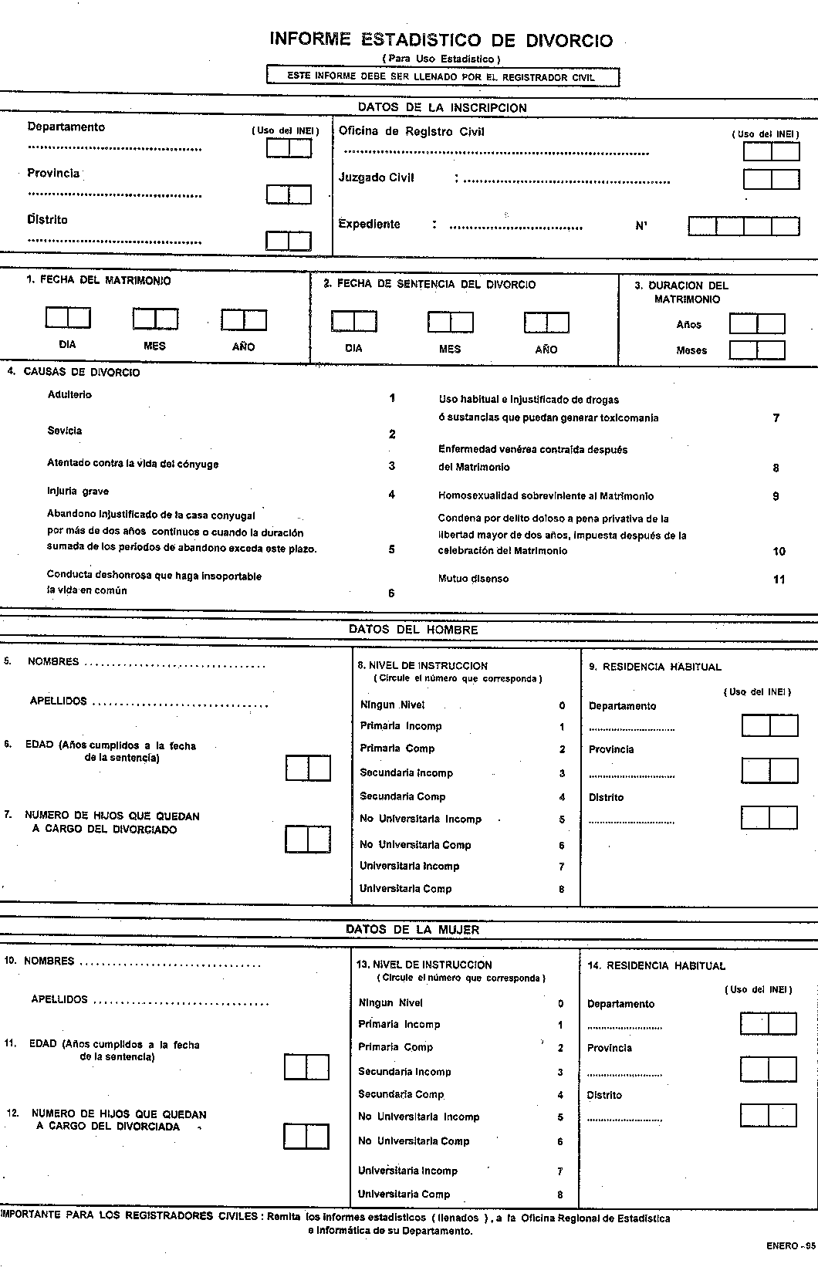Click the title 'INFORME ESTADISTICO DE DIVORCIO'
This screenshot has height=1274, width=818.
click(x=441, y=40)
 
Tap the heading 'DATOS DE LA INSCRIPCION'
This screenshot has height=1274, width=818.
click(x=442, y=108)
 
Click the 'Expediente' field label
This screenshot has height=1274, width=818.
click(x=369, y=225)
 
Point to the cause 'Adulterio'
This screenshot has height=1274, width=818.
click(x=69, y=395)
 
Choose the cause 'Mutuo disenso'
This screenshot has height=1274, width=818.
click(x=473, y=579)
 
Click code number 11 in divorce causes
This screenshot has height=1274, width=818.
click(x=779, y=580)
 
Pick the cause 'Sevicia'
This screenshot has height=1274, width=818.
click(x=65, y=431)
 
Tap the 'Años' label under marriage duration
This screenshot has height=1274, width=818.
click(x=689, y=325)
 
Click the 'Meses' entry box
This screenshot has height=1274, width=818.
click(x=757, y=350)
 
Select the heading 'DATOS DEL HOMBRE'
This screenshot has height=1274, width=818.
click(x=413, y=630)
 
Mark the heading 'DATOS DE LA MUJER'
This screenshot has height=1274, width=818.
click(x=413, y=930)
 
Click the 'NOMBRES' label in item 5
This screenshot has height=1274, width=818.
click(x=52, y=661)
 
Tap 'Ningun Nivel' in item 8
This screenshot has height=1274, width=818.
click(x=392, y=705)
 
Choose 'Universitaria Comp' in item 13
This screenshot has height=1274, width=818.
click(x=404, y=1194)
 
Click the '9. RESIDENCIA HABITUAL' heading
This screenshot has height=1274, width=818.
click(x=655, y=667)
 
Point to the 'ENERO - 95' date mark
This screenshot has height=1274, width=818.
click(x=791, y=1267)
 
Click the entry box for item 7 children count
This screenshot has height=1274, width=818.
click(x=308, y=839)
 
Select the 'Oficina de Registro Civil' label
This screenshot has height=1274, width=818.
click(x=411, y=131)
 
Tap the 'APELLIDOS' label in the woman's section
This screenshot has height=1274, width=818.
click(x=59, y=999)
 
